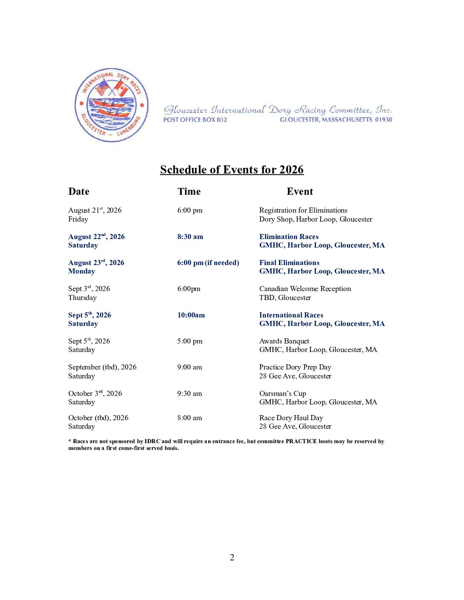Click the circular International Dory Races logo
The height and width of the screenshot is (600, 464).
tap(111, 105)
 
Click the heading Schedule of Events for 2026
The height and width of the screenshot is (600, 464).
tap(232, 170)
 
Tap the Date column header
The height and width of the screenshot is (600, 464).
tap(79, 192)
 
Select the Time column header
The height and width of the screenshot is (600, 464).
tap(189, 192)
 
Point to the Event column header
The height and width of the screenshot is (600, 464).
tap(300, 192)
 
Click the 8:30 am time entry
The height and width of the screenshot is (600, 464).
tap(190, 237)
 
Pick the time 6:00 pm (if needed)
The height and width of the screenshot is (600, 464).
tap(208, 262)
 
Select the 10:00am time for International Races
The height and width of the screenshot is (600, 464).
tap(191, 315)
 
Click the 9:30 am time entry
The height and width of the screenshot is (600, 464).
tap(190, 393)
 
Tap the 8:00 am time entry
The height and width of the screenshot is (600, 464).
tap(190, 418)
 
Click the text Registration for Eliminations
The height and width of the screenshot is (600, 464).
tap(303, 210)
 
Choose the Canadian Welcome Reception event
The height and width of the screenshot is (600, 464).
tap(305, 288)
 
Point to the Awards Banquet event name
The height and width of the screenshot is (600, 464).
tap(284, 341)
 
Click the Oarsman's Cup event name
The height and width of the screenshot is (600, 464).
tap(283, 393)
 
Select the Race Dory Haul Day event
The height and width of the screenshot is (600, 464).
tap(291, 418)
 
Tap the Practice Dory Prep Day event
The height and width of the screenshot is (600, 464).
tap(295, 367)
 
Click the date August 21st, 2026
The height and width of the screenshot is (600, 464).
tap(95, 210)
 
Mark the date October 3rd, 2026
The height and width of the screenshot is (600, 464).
tap(95, 393)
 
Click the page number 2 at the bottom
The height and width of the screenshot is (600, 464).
tap(232, 557)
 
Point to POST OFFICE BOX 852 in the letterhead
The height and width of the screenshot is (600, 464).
tap(195, 120)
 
